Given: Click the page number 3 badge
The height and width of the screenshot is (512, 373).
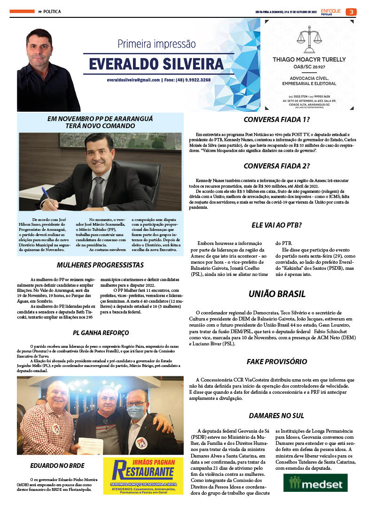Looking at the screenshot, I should pos(350,12).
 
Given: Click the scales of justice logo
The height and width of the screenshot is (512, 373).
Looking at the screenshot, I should pos(309,41).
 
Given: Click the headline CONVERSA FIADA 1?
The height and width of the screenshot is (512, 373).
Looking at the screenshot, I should pos(276,120).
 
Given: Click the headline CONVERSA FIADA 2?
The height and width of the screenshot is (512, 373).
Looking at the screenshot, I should pos(276,166).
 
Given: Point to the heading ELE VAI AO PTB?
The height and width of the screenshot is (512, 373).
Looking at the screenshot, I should pos(276,225).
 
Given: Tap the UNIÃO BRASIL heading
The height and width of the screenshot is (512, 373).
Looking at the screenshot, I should pos(277,294).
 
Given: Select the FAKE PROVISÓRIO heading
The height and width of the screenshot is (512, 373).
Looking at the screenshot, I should pos(277,361).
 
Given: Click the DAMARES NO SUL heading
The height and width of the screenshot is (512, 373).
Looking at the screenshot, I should pos(276,415).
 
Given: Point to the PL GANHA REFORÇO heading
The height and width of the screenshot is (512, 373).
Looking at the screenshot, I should pos(101,333).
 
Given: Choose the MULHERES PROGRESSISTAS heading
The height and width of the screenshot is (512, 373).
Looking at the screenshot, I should pos(100,265).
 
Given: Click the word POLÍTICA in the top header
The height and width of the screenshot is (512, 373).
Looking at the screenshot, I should pos(52,11).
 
